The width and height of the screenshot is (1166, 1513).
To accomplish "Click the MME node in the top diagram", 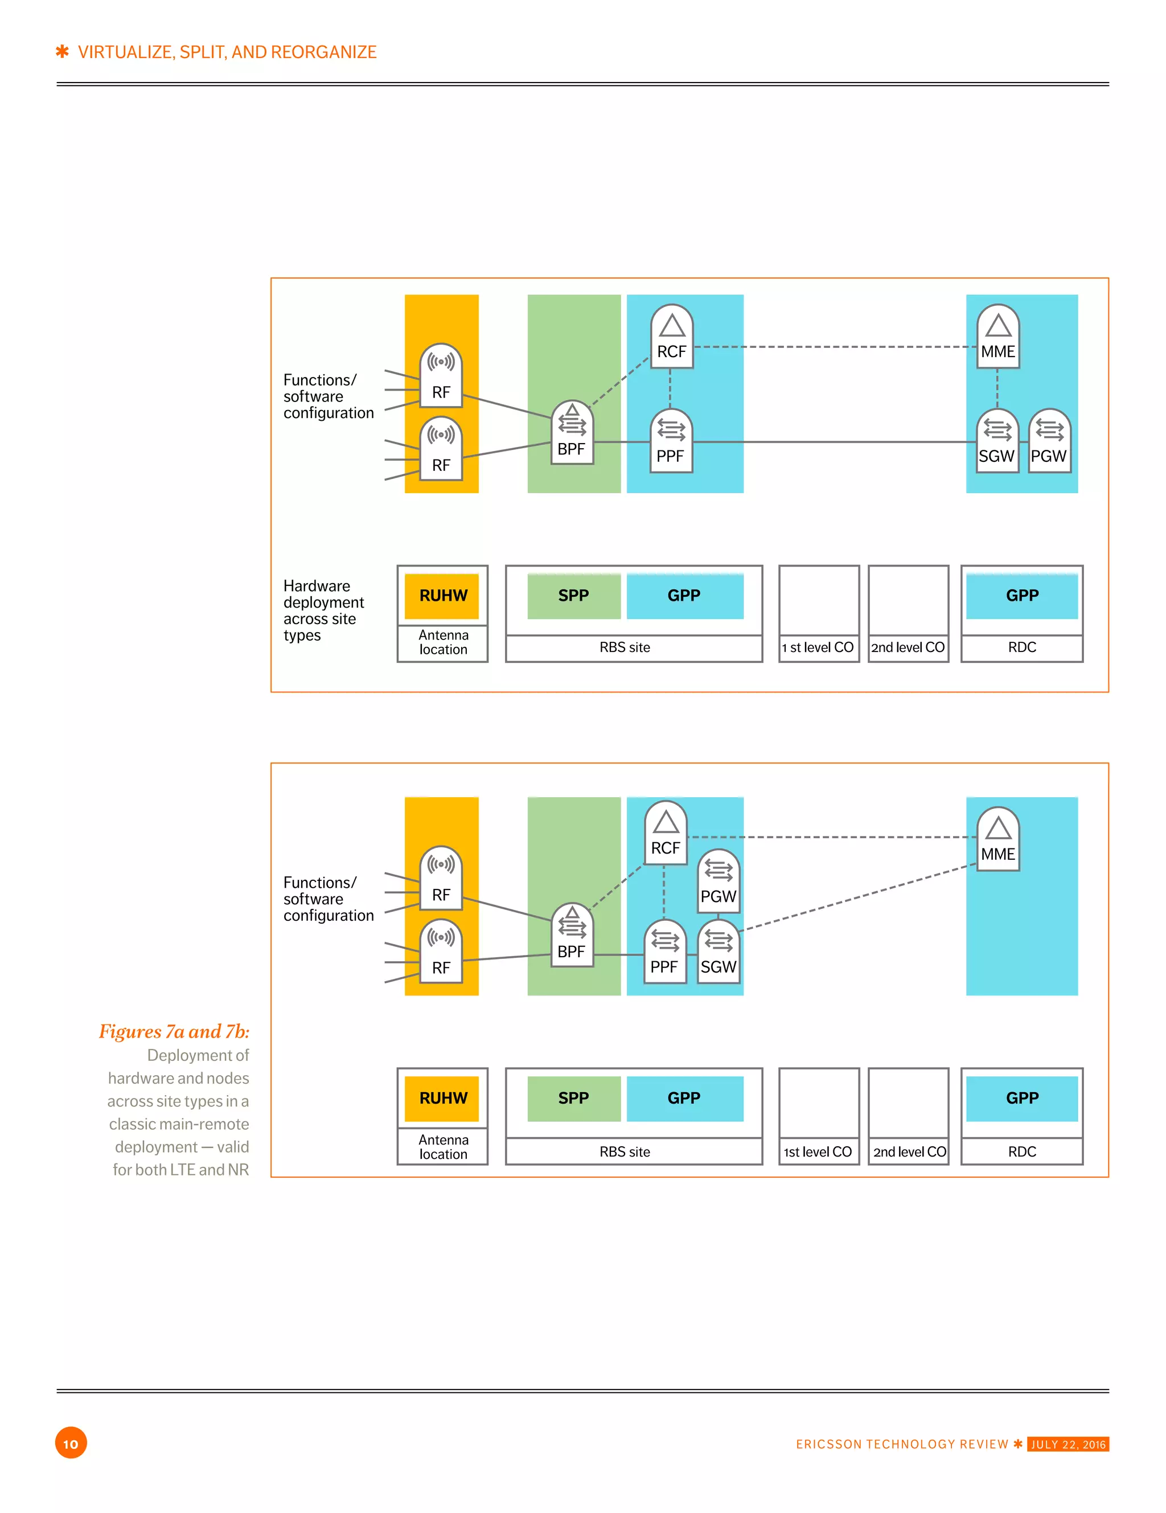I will coord(997,337).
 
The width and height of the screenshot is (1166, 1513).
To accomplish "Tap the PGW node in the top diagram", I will coord(1049,441).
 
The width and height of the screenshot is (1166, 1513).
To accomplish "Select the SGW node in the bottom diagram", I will coord(718,952).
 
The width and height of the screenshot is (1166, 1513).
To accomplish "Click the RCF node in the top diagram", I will coord(671,337).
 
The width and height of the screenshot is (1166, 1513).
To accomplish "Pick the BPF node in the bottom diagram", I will coord(572,937).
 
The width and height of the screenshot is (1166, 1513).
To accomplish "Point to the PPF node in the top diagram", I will coord(671,441).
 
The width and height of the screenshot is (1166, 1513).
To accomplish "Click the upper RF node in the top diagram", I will coord(441,376).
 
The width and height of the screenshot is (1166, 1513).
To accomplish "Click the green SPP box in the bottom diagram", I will coord(574,1098).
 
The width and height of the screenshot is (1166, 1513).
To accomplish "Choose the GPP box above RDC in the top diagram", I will coord(1022,596).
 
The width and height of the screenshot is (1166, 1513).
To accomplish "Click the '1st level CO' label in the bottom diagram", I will coord(818,1152).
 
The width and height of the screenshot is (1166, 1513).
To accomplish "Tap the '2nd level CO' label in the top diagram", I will coord(908,647).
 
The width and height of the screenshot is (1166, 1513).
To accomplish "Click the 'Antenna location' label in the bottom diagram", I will coord(444,1146).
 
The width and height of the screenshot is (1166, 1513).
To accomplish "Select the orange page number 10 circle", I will coord(71,1444).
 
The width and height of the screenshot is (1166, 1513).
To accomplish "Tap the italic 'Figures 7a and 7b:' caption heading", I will coord(174,1031).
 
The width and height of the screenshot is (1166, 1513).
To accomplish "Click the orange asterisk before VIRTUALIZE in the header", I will coord(63,51).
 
